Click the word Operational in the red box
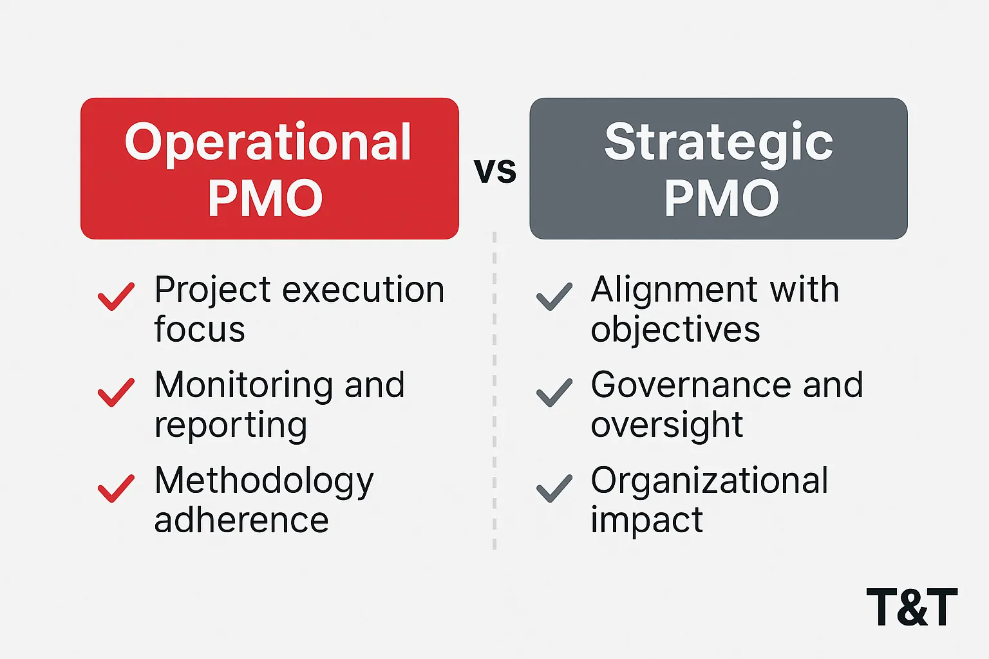click(268, 144)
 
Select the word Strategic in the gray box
click(719, 144)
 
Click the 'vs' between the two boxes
click(495, 171)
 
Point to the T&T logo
click(912, 607)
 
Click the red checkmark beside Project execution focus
click(116, 296)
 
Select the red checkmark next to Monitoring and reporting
click(116, 392)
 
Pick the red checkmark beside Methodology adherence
click(116, 488)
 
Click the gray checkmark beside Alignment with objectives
click(554, 296)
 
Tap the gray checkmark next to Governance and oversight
click(554, 392)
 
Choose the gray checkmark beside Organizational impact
click(554, 488)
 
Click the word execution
click(363, 290)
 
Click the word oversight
click(667, 425)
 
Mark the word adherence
click(241, 520)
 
